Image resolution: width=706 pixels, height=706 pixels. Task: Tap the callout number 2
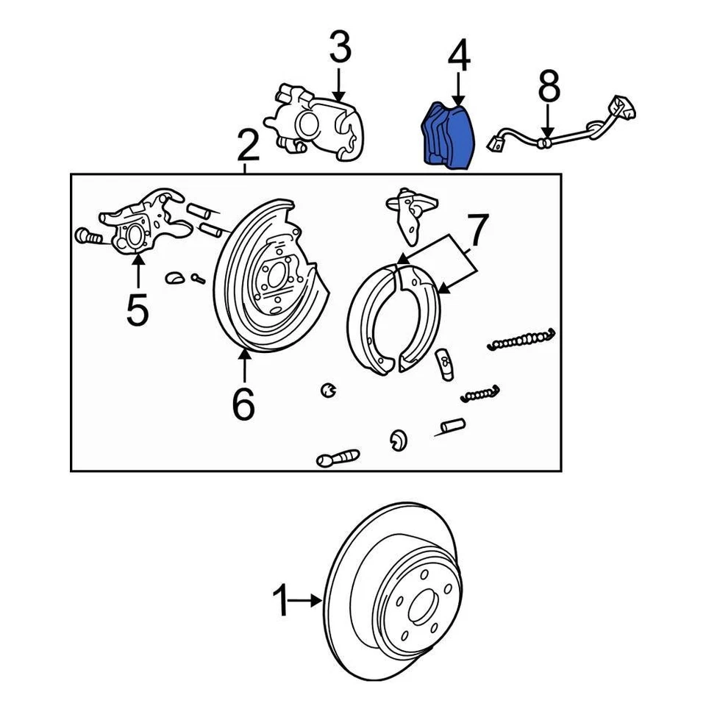[248, 146]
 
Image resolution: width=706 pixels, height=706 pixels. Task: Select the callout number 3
[338, 49]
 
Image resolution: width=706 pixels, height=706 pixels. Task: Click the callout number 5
[138, 310]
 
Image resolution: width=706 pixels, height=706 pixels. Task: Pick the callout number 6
[243, 403]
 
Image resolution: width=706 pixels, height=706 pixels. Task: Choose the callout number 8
[549, 87]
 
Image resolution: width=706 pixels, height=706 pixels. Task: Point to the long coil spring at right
[521, 338]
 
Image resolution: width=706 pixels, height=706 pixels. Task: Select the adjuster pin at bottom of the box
[338, 458]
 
